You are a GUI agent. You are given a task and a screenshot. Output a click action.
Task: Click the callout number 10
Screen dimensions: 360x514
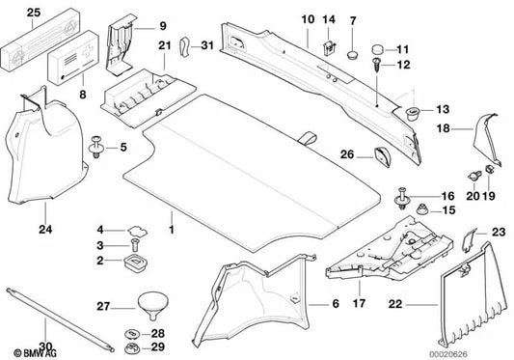point(307,19)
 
